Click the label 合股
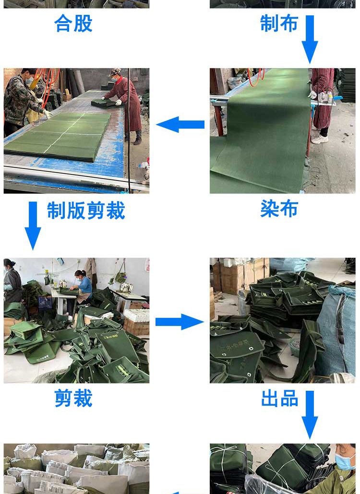73,24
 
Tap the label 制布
279,24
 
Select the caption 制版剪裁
86,211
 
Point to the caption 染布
279,209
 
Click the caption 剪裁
73,398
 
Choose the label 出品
279,398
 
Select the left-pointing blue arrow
180,125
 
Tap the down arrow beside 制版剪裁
33,225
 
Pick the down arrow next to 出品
310,414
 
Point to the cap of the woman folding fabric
115,72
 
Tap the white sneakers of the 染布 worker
319,139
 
